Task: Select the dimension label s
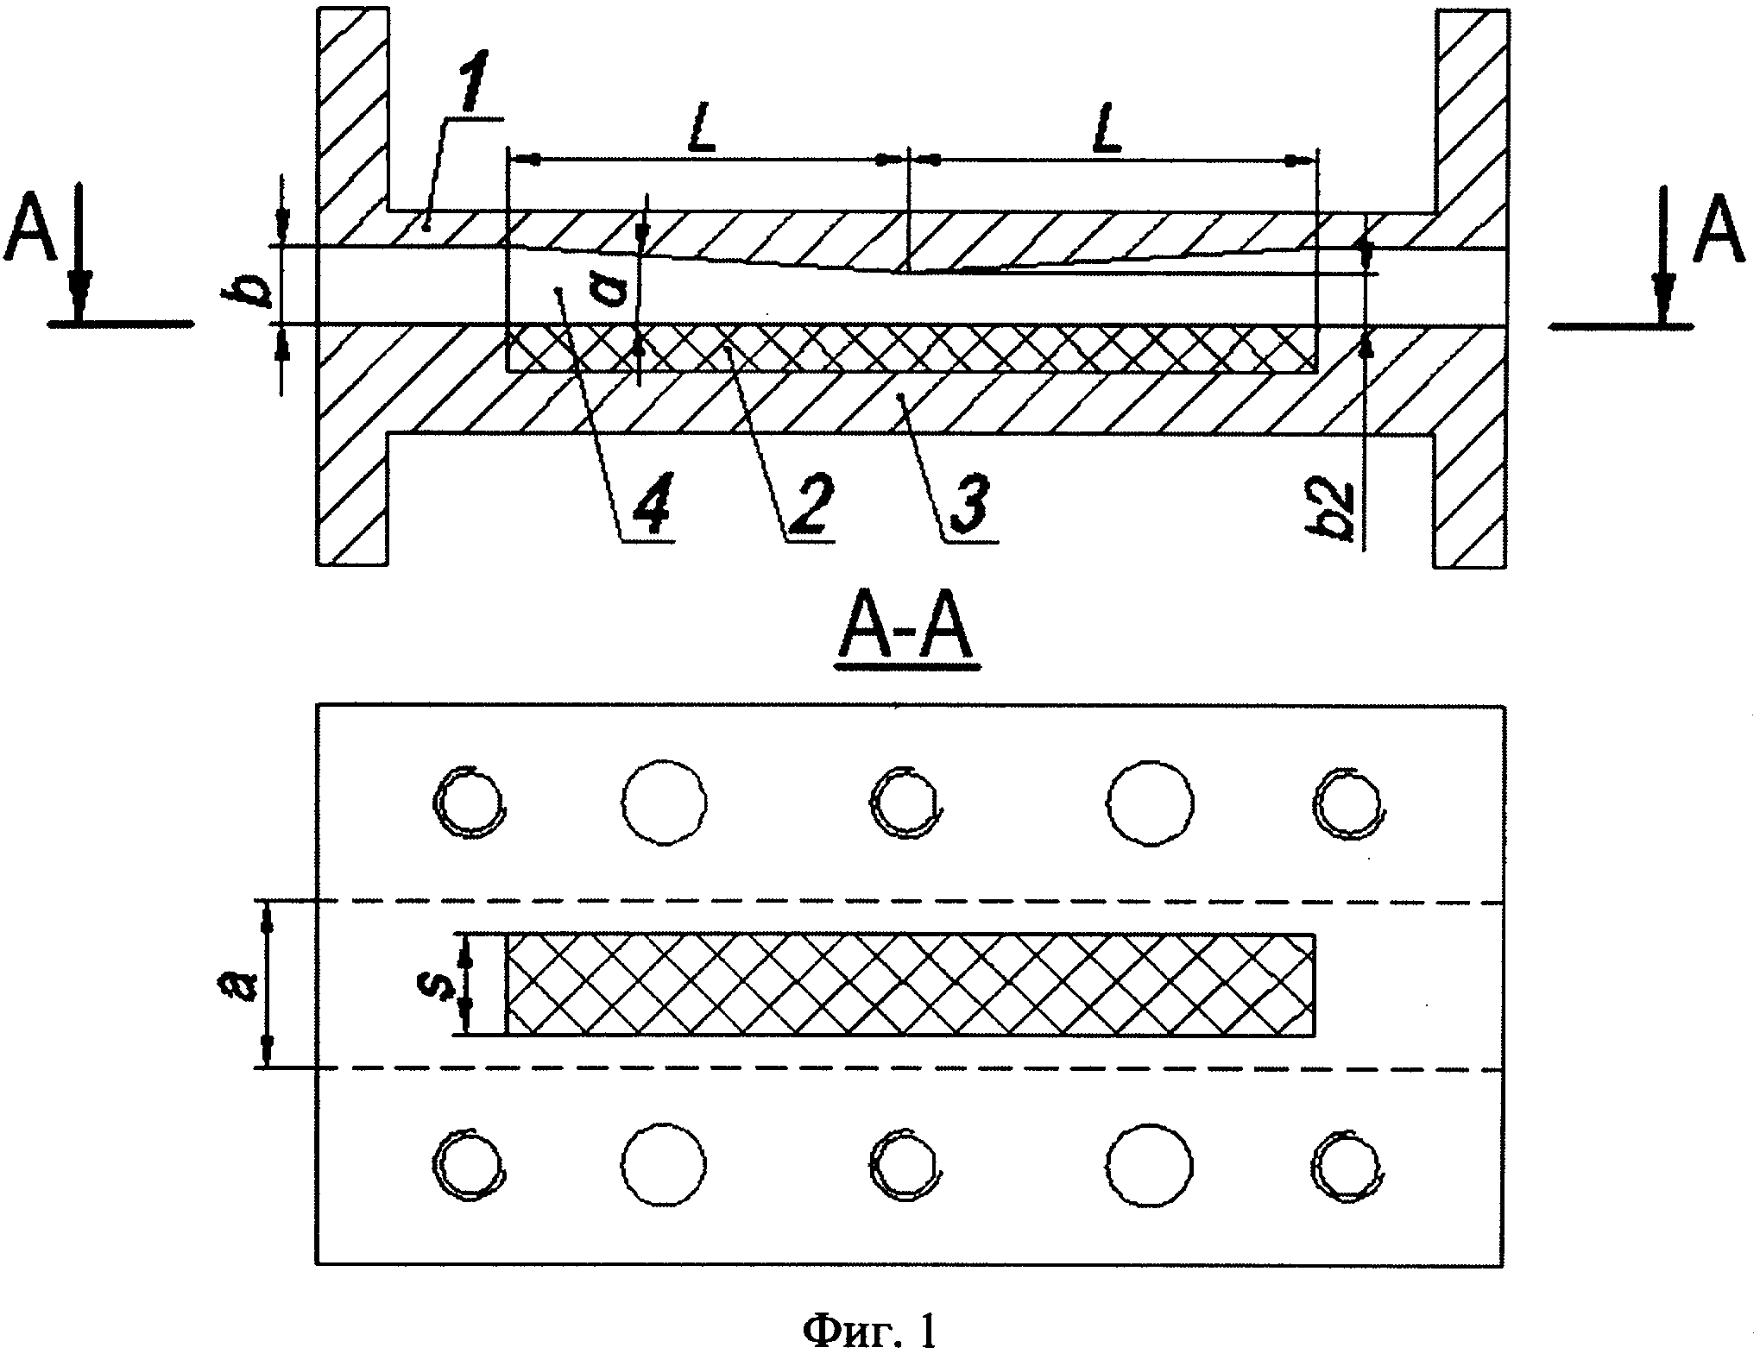tap(444, 983)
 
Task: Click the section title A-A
tap(907, 636)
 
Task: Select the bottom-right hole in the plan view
tap(1347, 1165)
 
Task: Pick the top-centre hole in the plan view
tap(903, 800)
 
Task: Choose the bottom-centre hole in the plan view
tap(903, 1165)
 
